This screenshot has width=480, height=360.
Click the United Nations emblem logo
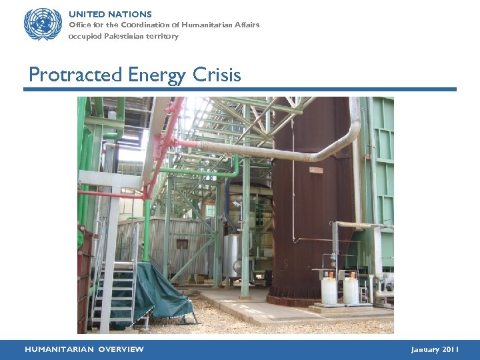coord(43,24)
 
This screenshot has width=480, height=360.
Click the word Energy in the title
coord(157,75)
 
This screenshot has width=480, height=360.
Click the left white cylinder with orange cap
coord(329,291)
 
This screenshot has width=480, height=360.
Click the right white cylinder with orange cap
coord(351,291)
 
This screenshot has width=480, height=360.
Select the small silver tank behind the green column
coord(232,253)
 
